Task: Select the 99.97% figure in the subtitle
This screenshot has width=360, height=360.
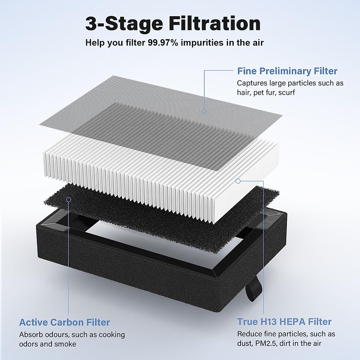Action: tap(163, 43)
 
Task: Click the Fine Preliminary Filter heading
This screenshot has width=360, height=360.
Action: tap(287, 71)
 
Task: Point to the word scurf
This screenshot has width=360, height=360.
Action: tap(286, 92)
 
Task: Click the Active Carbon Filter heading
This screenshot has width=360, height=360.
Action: tap(64, 322)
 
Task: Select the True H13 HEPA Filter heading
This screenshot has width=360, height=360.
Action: tap(284, 322)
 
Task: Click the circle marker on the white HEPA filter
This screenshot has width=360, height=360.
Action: tap(238, 181)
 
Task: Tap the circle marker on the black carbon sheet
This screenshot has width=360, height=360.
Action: tap(69, 199)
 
